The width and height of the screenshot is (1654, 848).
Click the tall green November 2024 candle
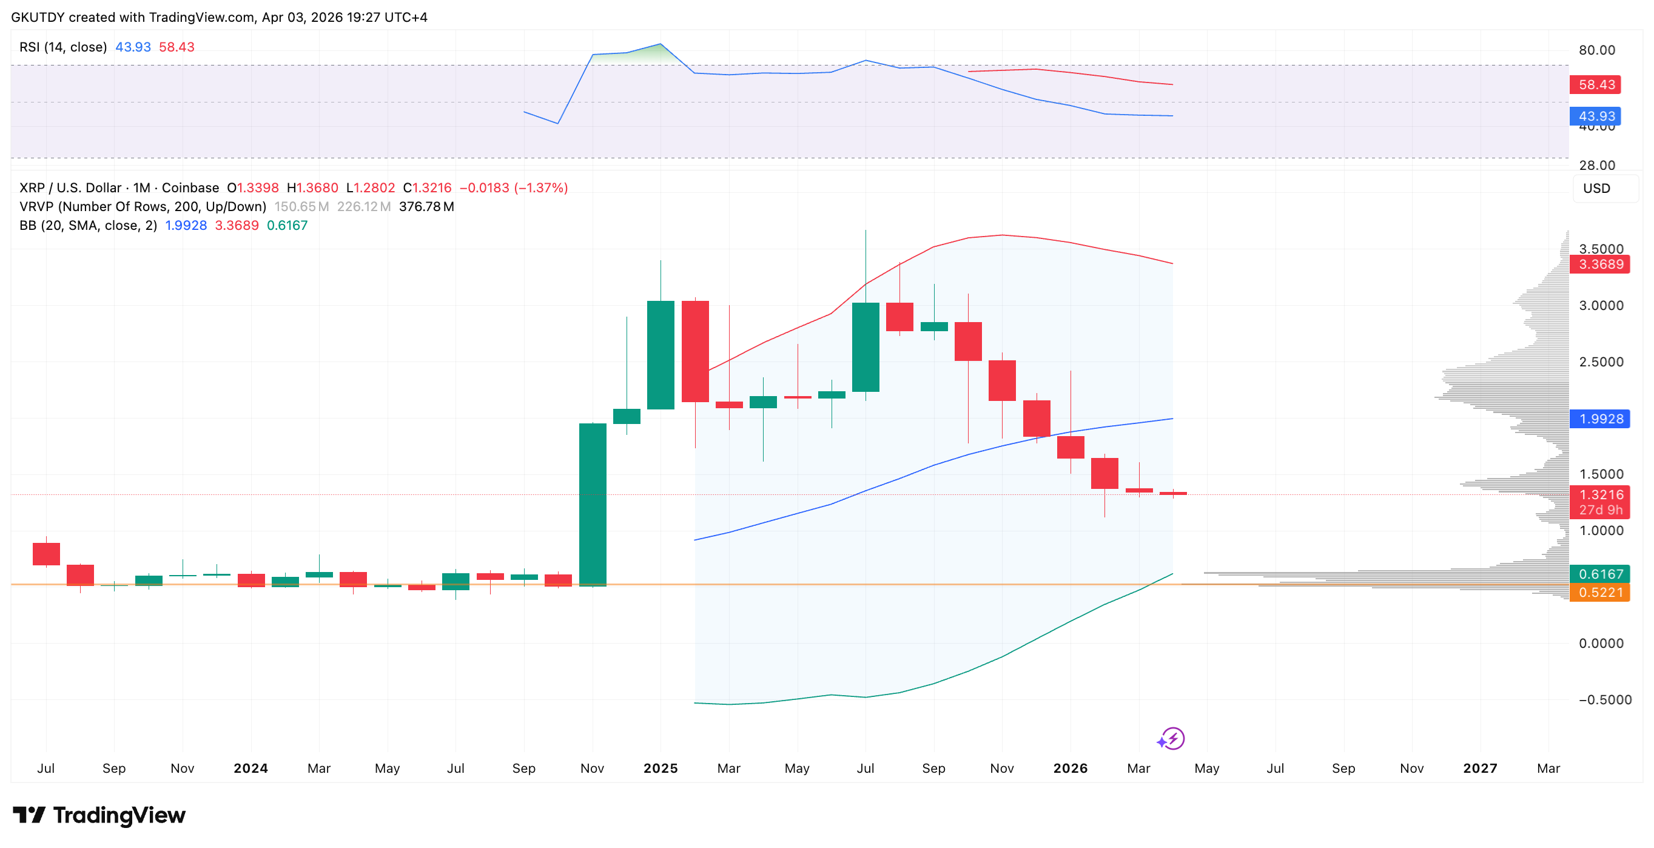pyautogui.click(x=592, y=505)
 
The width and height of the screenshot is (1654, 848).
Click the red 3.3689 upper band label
pyautogui.click(x=1599, y=264)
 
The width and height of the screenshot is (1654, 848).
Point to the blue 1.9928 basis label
pyautogui.click(x=1599, y=419)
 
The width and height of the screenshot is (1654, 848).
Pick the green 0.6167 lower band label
pyautogui.click(x=1599, y=574)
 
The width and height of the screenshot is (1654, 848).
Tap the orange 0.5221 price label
pyautogui.click(x=1599, y=592)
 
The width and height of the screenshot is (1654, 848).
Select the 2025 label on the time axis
pyautogui.click(x=660, y=769)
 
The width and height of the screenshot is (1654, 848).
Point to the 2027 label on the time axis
pyautogui.click(x=1479, y=769)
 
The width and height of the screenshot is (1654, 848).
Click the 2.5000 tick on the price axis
pyautogui.click(x=1601, y=362)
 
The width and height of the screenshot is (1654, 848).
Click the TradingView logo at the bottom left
pyautogui.click(x=99, y=815)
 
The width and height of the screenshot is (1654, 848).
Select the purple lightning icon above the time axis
pyautogui.click(x=1171, y=739)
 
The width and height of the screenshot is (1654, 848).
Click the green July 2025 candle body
pyautogui.click(x=865, y=346)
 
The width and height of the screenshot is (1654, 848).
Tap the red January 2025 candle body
pyautogui.click(x=694, y=351)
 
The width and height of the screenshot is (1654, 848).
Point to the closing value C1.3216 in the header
pyautogui.click(x=427, y=188)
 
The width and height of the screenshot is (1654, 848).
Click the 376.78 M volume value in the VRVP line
pyautogui.click(x=426, y=207)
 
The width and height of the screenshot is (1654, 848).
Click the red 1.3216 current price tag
pyautogui.click(x=1599, y=495)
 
